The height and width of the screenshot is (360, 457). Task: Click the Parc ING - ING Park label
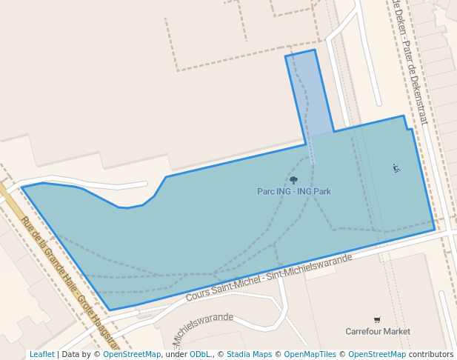294,191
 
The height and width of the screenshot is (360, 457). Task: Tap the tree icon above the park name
294,180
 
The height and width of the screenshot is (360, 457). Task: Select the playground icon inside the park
396,168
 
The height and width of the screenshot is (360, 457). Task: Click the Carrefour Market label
378,331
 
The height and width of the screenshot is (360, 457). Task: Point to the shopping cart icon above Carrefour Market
377,320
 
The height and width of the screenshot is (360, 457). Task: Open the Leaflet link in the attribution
41,354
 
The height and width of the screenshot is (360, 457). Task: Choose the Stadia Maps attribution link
249,354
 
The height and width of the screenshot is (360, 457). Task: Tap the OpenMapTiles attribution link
311,354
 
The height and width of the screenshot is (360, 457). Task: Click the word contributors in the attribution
431,354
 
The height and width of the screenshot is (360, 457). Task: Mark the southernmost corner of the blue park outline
110,310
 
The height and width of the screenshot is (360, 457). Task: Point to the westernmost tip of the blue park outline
22,187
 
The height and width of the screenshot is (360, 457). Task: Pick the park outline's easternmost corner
435,230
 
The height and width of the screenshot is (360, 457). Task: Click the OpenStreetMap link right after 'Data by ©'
132,354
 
